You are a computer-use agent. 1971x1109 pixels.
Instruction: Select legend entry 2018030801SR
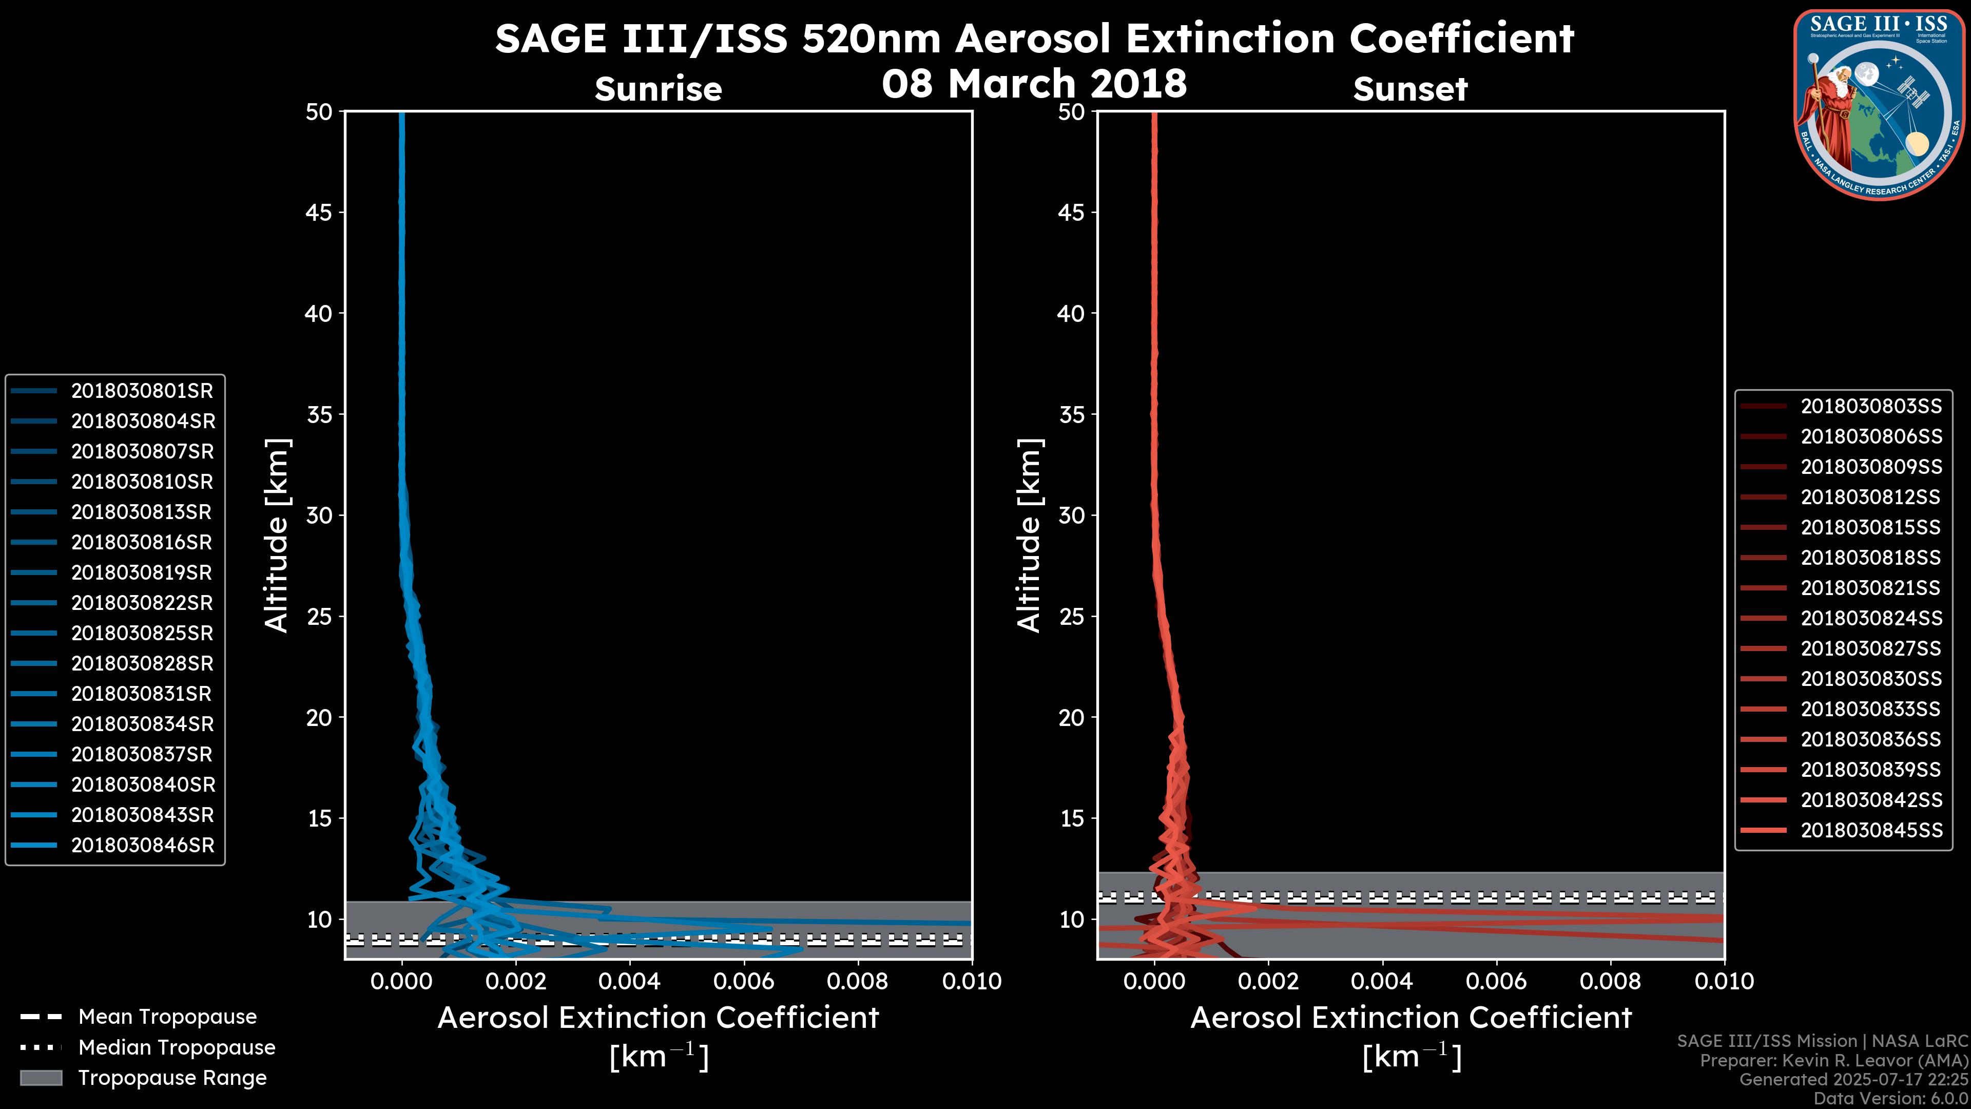click(142, 391)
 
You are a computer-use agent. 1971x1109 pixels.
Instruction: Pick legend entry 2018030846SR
click(142, 846)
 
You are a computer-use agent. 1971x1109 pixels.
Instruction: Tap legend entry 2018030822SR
click(142, 603)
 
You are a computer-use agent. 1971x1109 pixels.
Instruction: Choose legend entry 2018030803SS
click(1871, 407)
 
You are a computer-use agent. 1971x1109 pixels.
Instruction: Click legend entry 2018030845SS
click(1871, 830)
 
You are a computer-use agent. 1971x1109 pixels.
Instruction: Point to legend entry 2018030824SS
click(1871, 618)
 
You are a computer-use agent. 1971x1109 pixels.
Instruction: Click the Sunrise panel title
click(658, 89)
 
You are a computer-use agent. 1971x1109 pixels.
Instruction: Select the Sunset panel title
click(1410, 89)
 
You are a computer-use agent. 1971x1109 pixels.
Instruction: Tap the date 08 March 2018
click(1034, 83)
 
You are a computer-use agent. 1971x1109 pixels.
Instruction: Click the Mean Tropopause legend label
click(167, 1017)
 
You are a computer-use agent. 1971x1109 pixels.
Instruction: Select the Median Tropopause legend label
click(177, 1048)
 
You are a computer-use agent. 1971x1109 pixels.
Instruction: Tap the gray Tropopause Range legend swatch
click(41, 1078)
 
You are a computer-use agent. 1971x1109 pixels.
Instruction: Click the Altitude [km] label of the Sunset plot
click(1029, 536)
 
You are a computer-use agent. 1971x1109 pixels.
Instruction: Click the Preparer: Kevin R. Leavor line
click(1833, 1061)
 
